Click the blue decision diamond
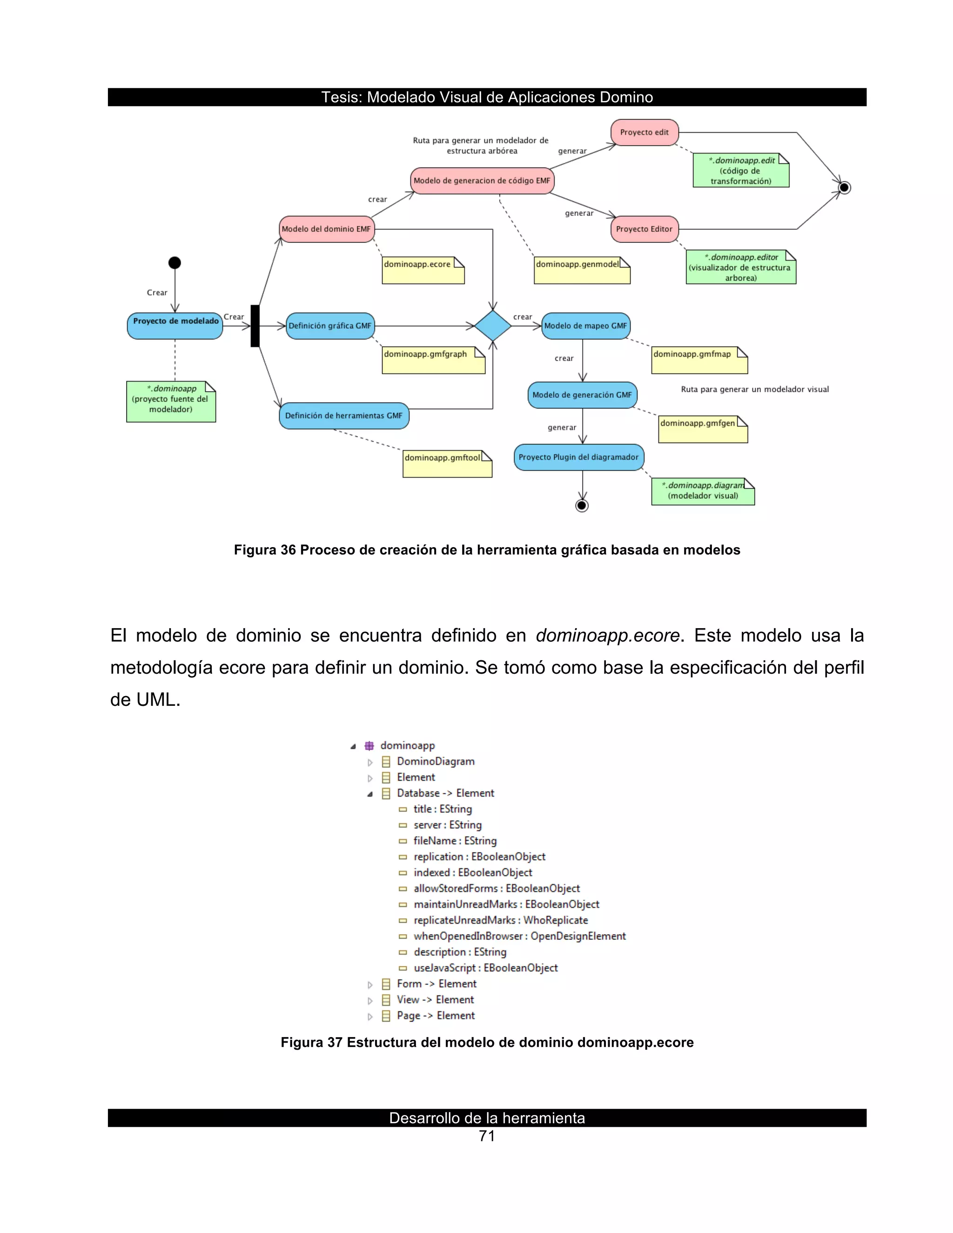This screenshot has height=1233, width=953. click(x=492, y=326)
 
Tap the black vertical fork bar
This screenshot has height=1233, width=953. click(x=255, y=326)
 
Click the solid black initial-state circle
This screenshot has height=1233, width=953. click(x=175, y=262)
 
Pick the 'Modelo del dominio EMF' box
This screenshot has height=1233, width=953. click(x=326, y=229)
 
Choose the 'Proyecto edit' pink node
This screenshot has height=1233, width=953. click(x=644, y=133)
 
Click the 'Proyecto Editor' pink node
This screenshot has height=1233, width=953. click(x=644, y=229)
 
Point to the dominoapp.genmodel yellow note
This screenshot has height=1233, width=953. click(x=582, y=270)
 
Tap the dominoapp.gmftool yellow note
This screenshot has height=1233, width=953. click(x=447, y=463)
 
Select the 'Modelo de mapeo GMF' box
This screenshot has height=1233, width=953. click(x=585, y=326)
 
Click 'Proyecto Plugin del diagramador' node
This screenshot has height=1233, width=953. click(x=579, y=457)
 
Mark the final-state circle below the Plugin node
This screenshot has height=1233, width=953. click(x=582, y=505)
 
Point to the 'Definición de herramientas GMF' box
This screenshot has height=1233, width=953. click(x=344, y=415)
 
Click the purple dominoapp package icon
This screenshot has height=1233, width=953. click(x=369, y=746)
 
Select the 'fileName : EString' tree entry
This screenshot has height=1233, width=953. click(x=455, y=841)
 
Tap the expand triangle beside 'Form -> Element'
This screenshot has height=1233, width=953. click(x=370, y=985)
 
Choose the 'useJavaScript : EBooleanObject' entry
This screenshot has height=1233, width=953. click(x=485, y=968)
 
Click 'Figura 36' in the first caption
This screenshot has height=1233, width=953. click(x=265, y=550)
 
